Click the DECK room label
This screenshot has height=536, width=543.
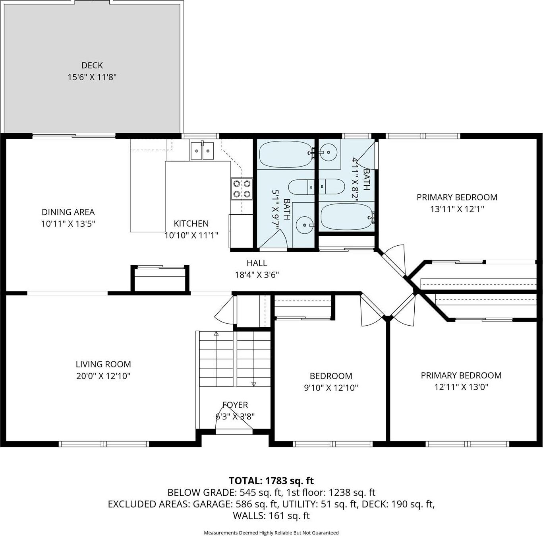(x=92, y=65)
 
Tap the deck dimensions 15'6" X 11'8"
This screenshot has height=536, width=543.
(x=92, y=77)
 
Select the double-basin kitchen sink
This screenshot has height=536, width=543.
(x=202, y=150)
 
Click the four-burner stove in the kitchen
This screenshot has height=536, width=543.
(x=242, y=188)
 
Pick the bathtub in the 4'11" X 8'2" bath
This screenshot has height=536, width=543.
(x=347, y=216)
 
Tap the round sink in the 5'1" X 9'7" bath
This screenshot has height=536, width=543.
(x=304, y=225)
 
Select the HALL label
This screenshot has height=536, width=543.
(x=257, y=263)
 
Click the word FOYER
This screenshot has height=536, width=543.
(x=235, y=405)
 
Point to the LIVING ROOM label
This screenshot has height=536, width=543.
(x=103, y=364)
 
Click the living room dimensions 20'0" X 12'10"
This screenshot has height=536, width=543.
(x=103, y=376)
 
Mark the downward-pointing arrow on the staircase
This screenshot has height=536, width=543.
(x=254, y=384)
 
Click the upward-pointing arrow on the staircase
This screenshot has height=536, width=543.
(x=216, y=334)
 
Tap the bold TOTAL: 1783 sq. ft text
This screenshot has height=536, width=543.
(x=271, y=481)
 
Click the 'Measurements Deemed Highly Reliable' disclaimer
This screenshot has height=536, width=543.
(x=271, y=533)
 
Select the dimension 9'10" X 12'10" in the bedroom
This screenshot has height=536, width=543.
(x=331, y=388)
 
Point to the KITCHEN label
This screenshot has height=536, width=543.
(x=191, y=223)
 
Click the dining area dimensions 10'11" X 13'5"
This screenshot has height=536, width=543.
(x=68, y=224)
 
